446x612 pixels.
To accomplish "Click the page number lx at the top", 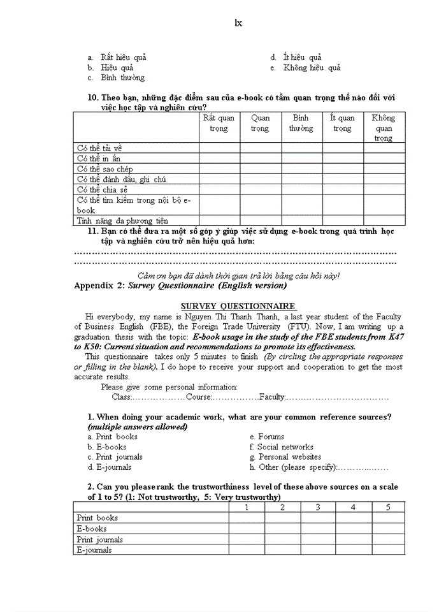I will coord(238,24).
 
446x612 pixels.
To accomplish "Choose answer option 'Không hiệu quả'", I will coord(312,68).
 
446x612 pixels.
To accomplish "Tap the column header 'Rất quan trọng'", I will coord(219,123).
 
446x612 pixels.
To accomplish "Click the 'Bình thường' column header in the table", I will coord(301,123).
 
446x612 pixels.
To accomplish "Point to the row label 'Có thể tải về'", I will coord(99,148).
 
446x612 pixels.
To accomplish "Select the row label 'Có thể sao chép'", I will coord(104,169).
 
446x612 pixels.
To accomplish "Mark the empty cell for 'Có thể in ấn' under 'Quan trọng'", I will coord(260,158).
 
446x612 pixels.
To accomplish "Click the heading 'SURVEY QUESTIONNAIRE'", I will coord(238,306).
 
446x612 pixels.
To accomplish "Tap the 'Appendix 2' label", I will coord(99,286).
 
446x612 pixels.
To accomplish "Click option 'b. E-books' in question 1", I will coord(107,447).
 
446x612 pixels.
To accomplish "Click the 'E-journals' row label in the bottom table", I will coord(94,550).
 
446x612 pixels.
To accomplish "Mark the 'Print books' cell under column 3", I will coord(318,518).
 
